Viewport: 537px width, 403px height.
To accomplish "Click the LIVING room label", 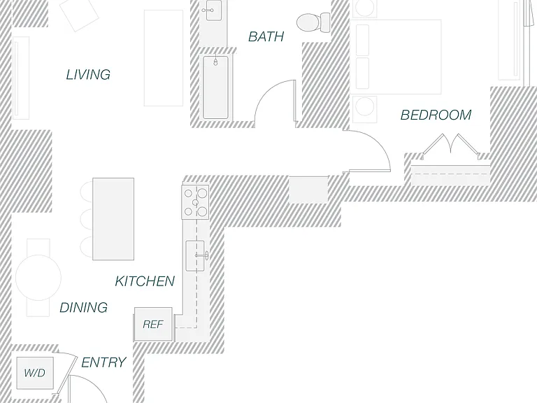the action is [88, 75].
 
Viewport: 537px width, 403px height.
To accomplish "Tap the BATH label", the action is [266, 36].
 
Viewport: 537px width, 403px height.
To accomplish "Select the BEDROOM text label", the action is [436, 115].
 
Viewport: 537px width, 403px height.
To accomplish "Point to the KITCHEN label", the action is [145, 281].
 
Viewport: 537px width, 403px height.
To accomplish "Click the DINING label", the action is [84, 308].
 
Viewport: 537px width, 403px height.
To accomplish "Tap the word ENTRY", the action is [103, 362].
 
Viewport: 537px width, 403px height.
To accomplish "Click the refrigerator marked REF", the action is [153, 324].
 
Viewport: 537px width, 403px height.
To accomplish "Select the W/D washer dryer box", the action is [35, 373].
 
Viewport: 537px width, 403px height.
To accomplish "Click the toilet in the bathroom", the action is [313, 22].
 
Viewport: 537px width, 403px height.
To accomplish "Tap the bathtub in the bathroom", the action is [215, 87].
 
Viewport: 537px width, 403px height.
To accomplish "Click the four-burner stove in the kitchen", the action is [195, 202].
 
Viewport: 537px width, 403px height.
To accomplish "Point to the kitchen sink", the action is [195, 255].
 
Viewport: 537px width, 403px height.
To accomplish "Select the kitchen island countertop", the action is [113, 219].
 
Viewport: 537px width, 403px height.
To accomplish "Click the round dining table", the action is [38, 278].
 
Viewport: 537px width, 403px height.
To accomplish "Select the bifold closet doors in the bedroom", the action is [450, 145].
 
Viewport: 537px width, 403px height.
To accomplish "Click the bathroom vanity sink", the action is [210, 10].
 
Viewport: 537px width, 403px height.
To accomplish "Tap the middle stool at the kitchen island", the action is [87, 219].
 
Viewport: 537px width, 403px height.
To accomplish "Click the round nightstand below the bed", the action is [365, 106].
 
